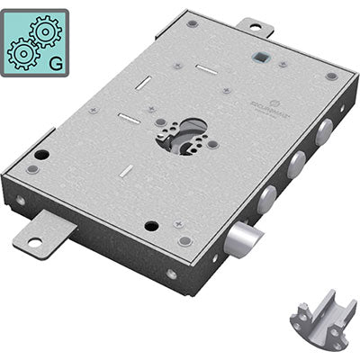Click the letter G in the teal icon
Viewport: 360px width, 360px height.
click(57, 64)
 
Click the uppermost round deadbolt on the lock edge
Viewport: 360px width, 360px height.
click(322, 133)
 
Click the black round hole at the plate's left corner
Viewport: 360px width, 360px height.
click(41, 154)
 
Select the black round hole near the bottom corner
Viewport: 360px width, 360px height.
click(151, 226)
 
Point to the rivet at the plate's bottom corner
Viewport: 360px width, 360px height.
click(184, 240)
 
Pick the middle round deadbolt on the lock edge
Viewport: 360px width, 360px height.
click(294, 163)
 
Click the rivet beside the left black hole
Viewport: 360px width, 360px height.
click(33, 169)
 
